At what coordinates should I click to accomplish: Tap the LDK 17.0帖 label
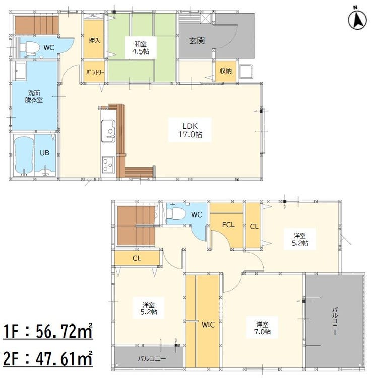(190, 130)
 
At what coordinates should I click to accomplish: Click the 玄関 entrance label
(197, 40)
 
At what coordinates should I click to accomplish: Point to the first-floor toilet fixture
(31, 47)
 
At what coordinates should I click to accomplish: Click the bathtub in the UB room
(24, 155)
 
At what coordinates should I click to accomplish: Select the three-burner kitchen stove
(108, 165)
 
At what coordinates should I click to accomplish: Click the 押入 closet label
(94, 40)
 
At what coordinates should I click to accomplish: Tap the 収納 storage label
(226, 71)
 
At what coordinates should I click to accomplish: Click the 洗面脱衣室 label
(34, 96)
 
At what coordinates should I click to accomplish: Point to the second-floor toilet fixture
(176, 213)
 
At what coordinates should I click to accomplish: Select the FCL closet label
(228, 225)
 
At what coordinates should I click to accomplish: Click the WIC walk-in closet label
(208, 325)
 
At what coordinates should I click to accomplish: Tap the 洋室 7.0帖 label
(262, 328)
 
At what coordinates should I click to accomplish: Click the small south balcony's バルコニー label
(152, 359)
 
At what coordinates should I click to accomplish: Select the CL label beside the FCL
(254, 227)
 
